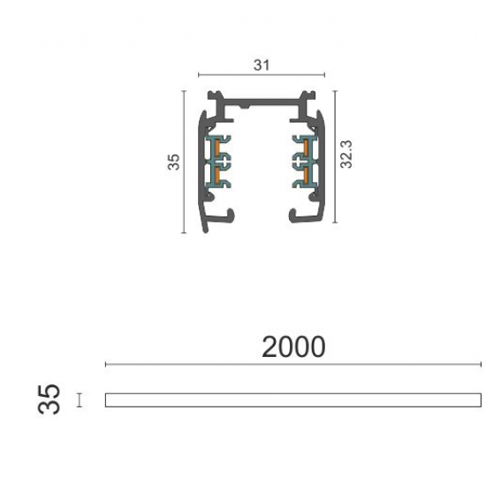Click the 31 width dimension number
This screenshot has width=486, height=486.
point(262,65)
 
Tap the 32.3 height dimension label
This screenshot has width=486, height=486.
point(346,155)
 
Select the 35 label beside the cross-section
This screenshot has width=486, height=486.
point(173,162)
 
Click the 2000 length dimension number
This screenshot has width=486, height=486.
point(293,347)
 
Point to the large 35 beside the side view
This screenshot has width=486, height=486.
point(49,399)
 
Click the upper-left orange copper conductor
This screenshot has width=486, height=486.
point(217,147)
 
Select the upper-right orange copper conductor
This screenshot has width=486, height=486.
point(306,147)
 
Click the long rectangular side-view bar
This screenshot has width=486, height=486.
point(293,400)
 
